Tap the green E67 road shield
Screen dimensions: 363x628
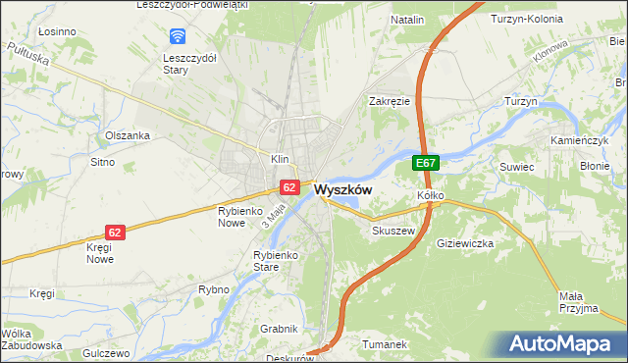click(425, 164)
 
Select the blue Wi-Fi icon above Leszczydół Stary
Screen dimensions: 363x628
click(178, 37)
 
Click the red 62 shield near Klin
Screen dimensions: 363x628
click(289, 185)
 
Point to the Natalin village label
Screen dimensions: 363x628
click(407, 20)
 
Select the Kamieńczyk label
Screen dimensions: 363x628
click(585, 141)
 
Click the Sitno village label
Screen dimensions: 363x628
click(103, 161)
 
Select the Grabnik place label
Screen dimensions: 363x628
click(278, 329)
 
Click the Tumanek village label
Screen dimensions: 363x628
click(384, 344)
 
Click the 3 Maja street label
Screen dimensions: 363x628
click(273, 216)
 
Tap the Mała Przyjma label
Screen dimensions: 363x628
click(577, 302)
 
